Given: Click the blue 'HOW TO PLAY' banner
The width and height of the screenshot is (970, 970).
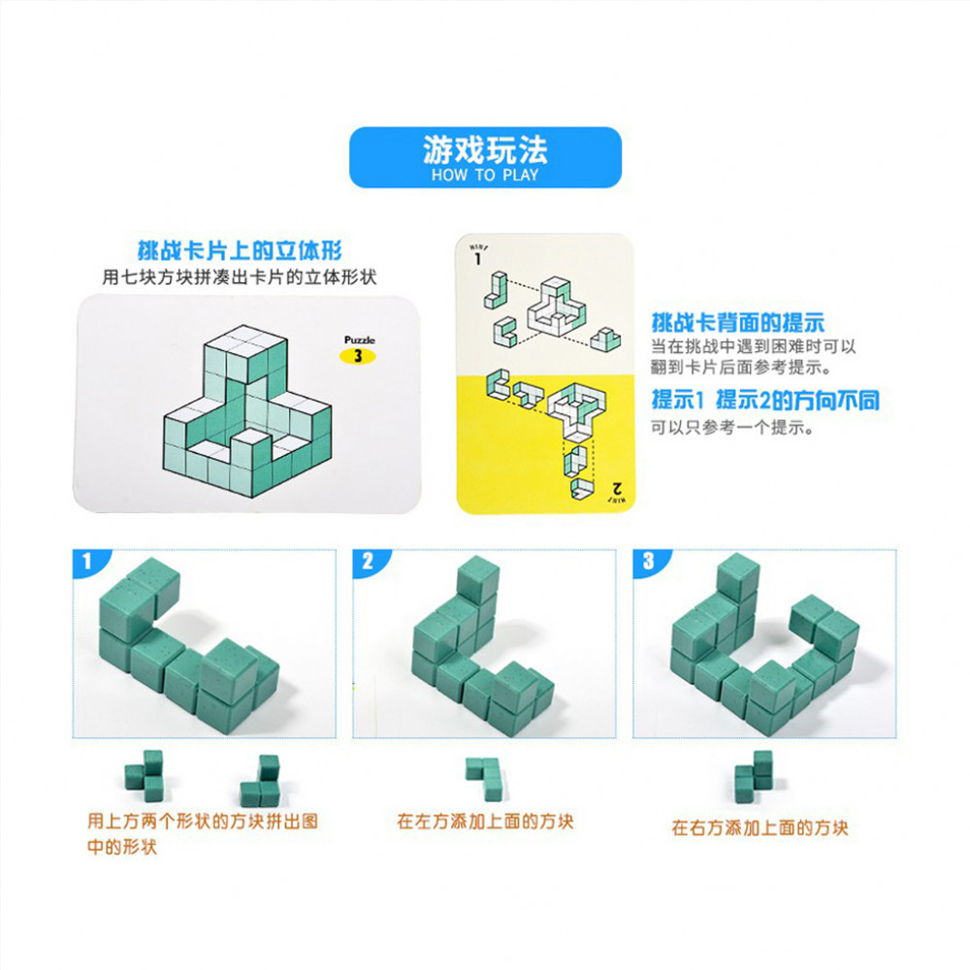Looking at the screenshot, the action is [x=485, y=157].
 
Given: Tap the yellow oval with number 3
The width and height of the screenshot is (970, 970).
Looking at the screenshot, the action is [x=358, y=356].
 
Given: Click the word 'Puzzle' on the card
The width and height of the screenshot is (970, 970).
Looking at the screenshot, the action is [x=360, y=339].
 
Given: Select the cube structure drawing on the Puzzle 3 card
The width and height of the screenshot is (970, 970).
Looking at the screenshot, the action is [x=246, y=410].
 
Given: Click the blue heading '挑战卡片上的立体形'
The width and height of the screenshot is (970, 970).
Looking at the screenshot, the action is [x=240, y=250].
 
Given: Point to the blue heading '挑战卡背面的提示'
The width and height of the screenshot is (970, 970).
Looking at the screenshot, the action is [x=737, y=322].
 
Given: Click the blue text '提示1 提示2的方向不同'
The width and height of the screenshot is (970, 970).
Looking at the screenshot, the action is [x=765, y=401].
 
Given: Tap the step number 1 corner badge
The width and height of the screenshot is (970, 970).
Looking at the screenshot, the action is [x=88, y=562].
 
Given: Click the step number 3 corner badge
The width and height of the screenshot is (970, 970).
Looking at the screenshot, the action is [x=648, y=562].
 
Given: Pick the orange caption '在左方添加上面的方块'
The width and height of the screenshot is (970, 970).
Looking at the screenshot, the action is [x=486, y=822].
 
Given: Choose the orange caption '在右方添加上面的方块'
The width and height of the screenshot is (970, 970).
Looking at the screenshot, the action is [x=760, y=827].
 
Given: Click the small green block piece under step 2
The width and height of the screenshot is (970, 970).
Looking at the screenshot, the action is [x=485, y=778].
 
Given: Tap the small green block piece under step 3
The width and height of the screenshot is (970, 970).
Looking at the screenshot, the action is [x=754, y=776].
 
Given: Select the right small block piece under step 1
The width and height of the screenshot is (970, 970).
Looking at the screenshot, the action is [x=260, y=781].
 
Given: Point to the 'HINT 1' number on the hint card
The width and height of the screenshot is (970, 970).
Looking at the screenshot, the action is [x=477, y=259].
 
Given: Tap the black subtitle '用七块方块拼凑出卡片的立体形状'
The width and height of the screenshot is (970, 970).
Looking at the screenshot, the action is [x=240, y=277].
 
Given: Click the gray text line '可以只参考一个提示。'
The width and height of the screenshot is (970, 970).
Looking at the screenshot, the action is [x=732, y=427].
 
